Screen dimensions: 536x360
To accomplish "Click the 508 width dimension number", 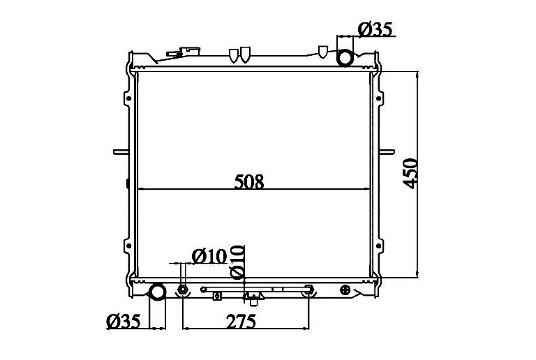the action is pyautogui.click(x=249, y=181).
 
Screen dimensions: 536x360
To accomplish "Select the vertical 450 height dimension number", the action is pyautogui.click(x=410, y=174).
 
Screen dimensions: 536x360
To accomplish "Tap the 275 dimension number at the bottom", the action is pyautogui.click(x=241, y=321).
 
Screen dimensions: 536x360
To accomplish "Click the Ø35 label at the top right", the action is pyautogui.click(x=375, y=29).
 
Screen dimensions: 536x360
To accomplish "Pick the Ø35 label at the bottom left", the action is pyautogui.click(x=124, y=321).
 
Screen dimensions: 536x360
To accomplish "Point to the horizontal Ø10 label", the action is pyautogui.click(x=209, y=256).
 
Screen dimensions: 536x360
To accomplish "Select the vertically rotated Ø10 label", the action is pyautogui.click(x=237, y=262).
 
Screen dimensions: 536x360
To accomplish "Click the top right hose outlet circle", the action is pyautogui.click(x=345, y=57).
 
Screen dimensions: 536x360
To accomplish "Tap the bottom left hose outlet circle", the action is pyautogui.click(x=158, y=293).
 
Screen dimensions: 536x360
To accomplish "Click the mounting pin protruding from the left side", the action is pyautogui.click(x=121, y=151).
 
